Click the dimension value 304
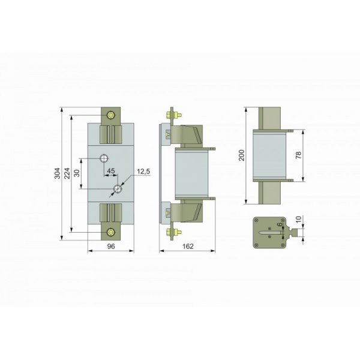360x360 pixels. tap(58, 173)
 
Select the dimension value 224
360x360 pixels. tap(67, 173)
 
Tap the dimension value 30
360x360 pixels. tap(77, 173)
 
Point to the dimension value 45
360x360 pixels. tap(111, 170)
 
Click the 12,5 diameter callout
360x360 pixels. tap(143, 171)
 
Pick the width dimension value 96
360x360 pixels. tap(111, 247)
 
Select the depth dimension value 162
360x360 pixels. tap(188, 247)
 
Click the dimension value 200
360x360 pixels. tap(242, 155)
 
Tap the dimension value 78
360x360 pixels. tap(298, 155)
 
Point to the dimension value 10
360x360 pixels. tap(298, 219)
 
